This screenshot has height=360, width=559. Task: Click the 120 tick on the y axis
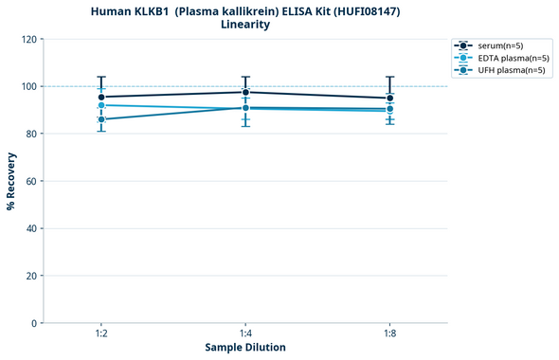pos(29,39)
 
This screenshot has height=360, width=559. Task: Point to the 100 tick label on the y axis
pos(29,86)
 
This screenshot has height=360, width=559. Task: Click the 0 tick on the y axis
pos(35,323)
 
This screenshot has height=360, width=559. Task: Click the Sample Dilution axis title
pos(245,348)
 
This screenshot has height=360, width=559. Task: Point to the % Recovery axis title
pos(11,180)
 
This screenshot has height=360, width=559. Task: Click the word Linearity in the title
pos(245,25)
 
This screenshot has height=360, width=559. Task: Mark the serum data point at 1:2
pos(101,97)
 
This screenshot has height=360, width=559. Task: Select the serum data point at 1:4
pos(245,92)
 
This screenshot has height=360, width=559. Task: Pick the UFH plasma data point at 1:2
pos(101,119)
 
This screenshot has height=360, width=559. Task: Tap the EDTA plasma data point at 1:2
pos(101,105)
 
